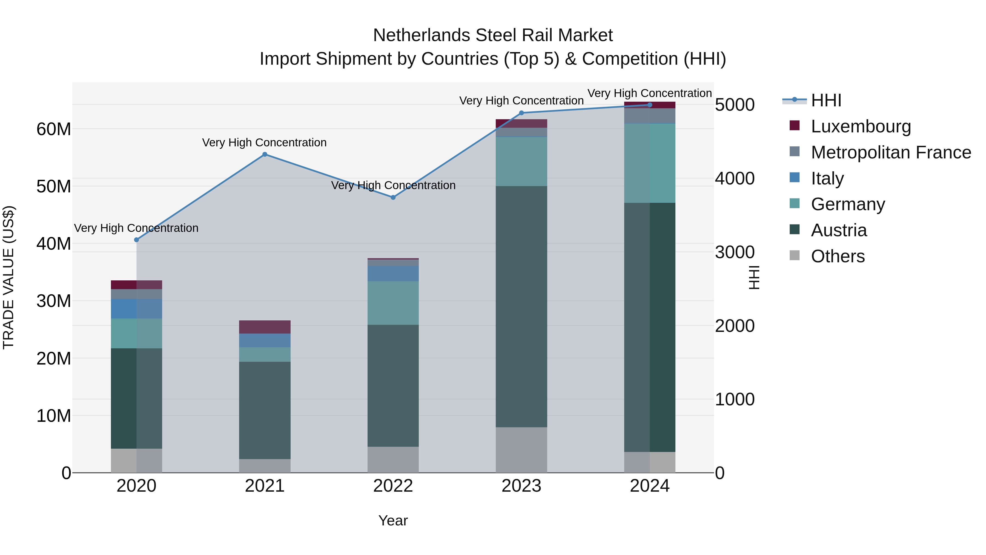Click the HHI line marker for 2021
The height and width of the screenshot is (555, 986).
point(265,154)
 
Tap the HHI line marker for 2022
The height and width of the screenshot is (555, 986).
point(393,197)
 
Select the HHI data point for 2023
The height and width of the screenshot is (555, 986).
point(521,113)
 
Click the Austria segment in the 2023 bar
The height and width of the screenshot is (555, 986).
point(521,306)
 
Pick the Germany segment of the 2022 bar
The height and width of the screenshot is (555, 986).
point(393,303)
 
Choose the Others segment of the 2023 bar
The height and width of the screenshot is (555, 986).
point(521,450)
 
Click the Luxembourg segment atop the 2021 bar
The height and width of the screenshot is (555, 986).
point(265,327)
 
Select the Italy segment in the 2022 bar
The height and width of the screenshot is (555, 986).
point(393,274)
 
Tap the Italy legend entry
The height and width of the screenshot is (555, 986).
point(827,178)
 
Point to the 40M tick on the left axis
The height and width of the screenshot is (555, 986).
point(54,244)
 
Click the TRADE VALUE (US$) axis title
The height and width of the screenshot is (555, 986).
point(9,277)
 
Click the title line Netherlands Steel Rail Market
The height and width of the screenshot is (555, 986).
point(493,35)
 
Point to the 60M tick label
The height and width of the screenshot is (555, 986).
point(54,129)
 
